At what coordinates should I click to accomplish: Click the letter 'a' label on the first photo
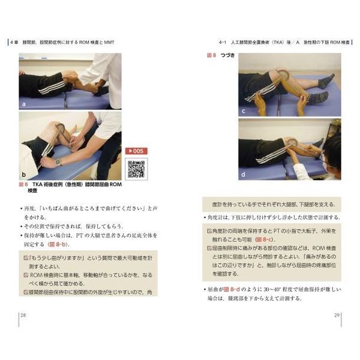coord(24,103)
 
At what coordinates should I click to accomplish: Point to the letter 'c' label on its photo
coord(243,110)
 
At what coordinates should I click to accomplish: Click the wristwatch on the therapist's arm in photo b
coord(58,162)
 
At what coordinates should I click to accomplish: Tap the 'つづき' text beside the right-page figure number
coord(227,55)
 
